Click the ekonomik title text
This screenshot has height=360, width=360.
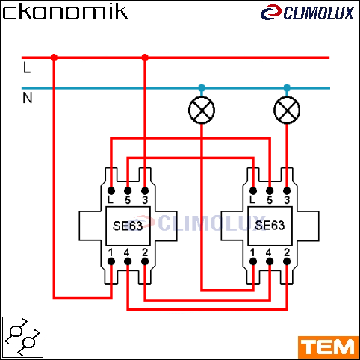pyautogui.click(x=65, y=13)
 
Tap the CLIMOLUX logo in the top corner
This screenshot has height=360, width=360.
pyautogui.click(x=307, y=13)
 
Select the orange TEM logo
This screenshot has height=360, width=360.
pyautogui.click(x=328, y=347)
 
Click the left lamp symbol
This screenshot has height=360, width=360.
pyautogui.click(x=202, y=110)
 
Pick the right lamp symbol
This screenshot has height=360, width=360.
pyautogui.click(x=287, y=110)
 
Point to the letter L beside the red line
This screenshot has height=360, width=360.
pyautogui.click(x=27, y=68)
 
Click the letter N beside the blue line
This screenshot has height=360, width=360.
pyautogui.click(x=28, y=98)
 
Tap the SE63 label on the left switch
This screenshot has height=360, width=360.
pyautogui.click(x=128, y=226)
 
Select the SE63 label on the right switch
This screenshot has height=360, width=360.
pyautogui.click(x=270, y=226)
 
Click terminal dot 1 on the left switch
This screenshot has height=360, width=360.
pyautogui.click(x=111, y=261)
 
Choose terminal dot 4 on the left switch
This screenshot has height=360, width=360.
pyautogui.click(x=128, y=261)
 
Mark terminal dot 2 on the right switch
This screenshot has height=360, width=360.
pyautogui.click(x=287, y=261)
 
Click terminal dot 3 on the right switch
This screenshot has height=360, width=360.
pyautogui.click(x=287, y=191)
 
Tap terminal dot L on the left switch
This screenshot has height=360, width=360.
pyautogui.click(x=111, y=191)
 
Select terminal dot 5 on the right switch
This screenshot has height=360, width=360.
pyautogui.click(x=270, y=191)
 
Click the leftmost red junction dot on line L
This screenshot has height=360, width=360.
pyautogui.click(x=54, y=58)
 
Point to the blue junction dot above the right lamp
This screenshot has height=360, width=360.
pyautogui.click(x=287, y=87)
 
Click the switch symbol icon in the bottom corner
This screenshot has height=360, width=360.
pyautogui.click(x=22, y=337)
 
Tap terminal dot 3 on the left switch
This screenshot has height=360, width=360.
pyautogui.click(x=145, y=191)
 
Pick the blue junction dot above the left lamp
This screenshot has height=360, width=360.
pyautogui.click(x=202, y=87)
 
